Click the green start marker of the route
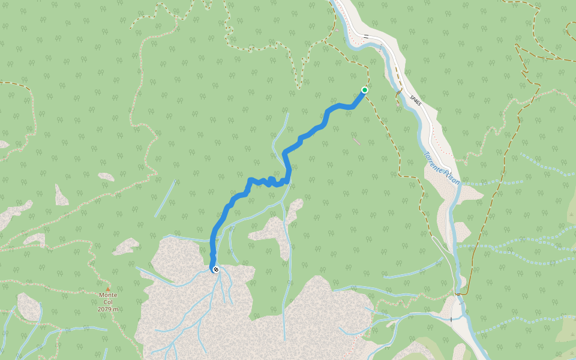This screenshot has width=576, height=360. point(364,90)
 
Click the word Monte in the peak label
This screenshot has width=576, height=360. point(108,295)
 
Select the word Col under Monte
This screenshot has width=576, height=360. point(108,302)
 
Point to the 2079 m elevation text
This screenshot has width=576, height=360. point(108,309)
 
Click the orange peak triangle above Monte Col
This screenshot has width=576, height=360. point(108,289)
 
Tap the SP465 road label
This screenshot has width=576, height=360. point(415,101)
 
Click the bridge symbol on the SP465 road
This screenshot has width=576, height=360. point(365,36)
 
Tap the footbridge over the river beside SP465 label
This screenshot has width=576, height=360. point(397,92)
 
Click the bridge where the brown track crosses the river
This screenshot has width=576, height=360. point(460,294)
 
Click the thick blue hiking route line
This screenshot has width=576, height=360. point(312,132)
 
